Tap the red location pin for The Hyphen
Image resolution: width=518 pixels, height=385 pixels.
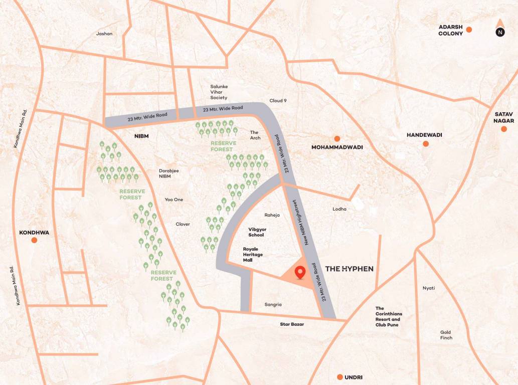[x=300, y=273]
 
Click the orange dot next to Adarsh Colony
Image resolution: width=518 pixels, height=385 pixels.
[x=469, y=30]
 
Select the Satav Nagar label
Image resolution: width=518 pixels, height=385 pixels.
[x=503, y=117]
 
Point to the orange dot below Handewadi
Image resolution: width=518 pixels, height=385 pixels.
[x=426, y=144]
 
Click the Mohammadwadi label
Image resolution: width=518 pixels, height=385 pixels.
[x=337, y=147]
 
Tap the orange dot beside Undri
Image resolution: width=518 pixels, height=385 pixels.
[x=340, y=377]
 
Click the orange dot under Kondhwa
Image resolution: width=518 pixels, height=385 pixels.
[x=34, y=241]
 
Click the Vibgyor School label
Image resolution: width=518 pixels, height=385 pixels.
[x=256, y=232]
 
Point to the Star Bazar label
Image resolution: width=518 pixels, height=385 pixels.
[x=292, y=324]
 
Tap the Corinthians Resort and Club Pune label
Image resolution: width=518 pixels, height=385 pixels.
[x=389, y=316]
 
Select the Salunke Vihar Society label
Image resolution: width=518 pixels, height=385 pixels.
[x=219, y=92]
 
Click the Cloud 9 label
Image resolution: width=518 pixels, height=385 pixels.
[x=278, y=101]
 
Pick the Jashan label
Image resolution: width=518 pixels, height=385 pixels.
[x=104, y=34]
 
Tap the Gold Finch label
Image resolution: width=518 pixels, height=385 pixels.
[x=446, y=335]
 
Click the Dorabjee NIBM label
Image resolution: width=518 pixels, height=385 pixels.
[x=169, y=173]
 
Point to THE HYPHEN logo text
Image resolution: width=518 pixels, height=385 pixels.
[x=350, y=269]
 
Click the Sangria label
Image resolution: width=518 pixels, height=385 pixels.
[x=273, y=304]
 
